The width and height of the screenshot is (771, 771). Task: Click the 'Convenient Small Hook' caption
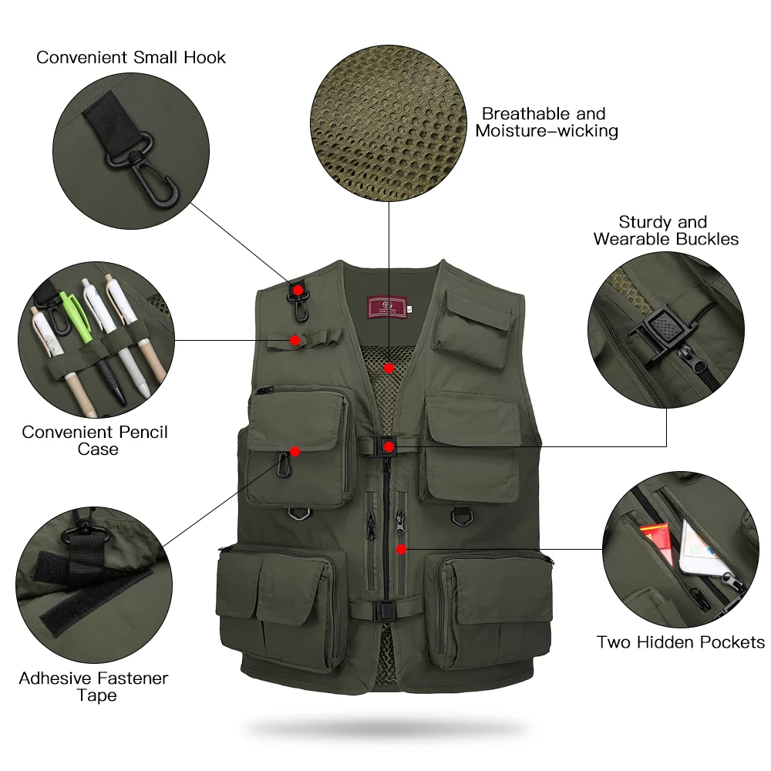click(131, 57)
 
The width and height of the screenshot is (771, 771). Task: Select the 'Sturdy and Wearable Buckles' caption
click(665, 231)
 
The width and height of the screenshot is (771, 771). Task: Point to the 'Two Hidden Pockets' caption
click(680, 642)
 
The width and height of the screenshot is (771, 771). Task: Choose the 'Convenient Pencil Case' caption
click(95, 440)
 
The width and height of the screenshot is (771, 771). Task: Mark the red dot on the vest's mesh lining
click(390, 369)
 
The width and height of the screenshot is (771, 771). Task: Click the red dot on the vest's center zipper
click(401, 549)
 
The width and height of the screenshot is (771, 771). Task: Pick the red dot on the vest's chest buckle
click(389, 446)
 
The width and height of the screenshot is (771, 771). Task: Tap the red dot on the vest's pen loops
click(295, 339)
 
